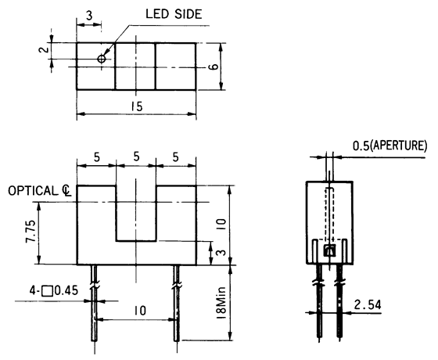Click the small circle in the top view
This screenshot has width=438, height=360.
pos(102,59)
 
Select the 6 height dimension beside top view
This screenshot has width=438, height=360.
pos(214,67)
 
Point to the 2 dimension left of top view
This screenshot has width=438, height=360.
pos(45,52)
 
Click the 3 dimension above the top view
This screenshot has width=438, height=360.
pos(90,15)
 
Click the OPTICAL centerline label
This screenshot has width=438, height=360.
pos(39,190)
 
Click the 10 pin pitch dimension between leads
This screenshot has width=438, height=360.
pos(138,311)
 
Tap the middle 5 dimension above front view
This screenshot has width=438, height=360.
pos(136,157)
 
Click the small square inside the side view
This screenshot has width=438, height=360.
pos(330,250)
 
